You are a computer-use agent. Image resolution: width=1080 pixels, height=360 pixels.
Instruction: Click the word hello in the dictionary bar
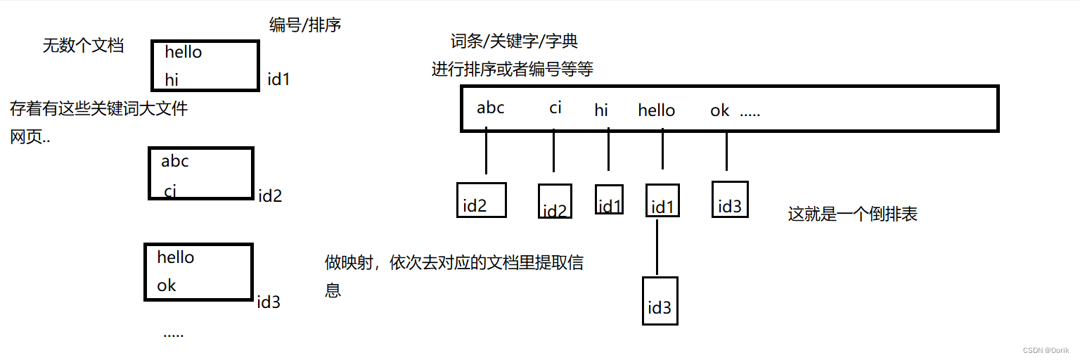(x=656, y=110)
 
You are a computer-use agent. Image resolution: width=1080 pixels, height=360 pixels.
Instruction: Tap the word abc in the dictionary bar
(x=490, y=108)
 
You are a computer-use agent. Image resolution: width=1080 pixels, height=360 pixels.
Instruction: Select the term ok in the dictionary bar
(x=719, y=110)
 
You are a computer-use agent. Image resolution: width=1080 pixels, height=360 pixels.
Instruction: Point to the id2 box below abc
(x=481, y=200)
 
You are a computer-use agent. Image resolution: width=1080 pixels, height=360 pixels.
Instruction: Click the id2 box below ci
(x=555, y=202)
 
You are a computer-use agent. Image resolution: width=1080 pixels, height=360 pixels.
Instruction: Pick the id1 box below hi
(x=609, y=199)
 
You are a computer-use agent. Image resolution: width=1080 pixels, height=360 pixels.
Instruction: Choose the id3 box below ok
(x=730, y=199)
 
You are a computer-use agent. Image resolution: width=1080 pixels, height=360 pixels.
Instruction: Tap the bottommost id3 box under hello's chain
(x=660, y=301)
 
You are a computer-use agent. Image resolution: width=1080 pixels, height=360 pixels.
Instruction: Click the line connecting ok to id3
(x=726, y=151)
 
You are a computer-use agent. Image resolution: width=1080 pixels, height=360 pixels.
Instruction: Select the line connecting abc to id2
(x=486, y=151)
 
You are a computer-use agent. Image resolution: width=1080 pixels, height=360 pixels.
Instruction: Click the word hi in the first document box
(x=172, y=80)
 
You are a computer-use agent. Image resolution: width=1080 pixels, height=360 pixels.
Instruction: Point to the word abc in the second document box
(x=175, y=161)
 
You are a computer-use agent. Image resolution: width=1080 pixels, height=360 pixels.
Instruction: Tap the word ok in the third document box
(x=167, y=285)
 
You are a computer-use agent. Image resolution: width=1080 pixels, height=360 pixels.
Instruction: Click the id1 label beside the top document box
(x=278, y=79)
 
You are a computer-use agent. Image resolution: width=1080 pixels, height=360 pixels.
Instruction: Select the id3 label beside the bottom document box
(x=269, y=302)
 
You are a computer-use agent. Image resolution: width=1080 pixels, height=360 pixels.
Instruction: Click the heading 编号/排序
(x=305, y=25)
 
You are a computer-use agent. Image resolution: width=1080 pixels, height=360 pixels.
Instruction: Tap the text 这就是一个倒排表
(x=852, y=214)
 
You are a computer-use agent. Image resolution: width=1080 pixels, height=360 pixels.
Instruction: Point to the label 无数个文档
(x=83, y=46)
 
